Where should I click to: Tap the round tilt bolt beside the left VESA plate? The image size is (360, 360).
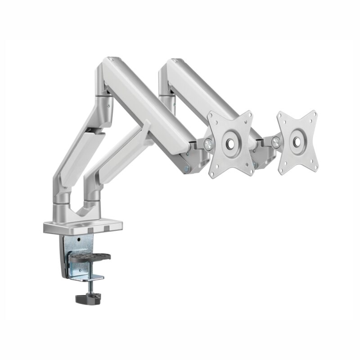click(208, 144)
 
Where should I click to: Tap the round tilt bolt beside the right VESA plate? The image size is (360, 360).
click(275, 142)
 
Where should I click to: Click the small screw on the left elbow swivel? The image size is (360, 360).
click(108, 106)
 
